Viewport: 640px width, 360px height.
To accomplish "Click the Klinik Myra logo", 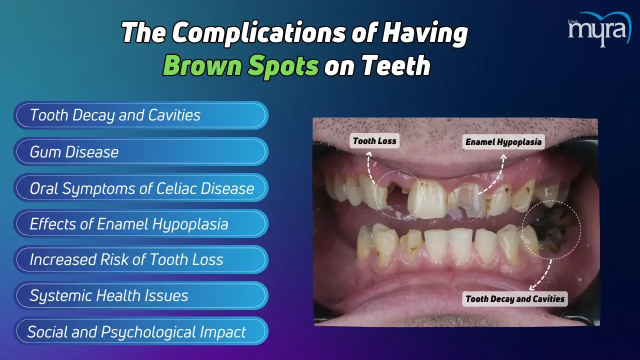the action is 599,29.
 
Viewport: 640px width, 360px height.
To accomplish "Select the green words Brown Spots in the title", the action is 241,65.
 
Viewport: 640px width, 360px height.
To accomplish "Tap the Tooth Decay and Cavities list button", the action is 141,115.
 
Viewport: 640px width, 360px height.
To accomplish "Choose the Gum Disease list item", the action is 141,151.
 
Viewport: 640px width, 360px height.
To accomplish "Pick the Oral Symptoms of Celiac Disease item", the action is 141,187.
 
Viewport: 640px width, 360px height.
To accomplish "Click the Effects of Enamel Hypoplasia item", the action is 141,223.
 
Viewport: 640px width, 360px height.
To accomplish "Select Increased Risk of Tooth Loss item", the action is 141,259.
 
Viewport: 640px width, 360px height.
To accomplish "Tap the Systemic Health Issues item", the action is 141,295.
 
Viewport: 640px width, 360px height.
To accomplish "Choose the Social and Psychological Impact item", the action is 141,331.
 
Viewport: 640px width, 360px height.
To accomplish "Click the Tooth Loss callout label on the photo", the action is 374,141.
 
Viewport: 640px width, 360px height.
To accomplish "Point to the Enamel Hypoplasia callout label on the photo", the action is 503,141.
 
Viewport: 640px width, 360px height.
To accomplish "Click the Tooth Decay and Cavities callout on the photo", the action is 515,299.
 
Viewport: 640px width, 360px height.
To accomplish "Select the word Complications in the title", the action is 259,33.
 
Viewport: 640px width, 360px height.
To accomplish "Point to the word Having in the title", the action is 425,33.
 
